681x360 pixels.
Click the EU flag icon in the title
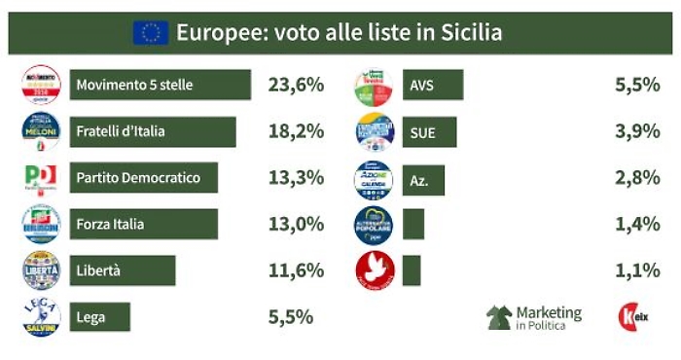point(151,33)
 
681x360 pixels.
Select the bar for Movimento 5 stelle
point(161,85)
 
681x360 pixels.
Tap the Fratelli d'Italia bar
point(153,131)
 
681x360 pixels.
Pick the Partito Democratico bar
point(144,177)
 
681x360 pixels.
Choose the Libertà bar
point(123,270)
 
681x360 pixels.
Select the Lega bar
point(99,316)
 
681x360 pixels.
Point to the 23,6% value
point(295,85)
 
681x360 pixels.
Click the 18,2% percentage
point(295,131)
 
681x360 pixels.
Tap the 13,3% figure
point(295,177)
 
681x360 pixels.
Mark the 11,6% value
point(295,270)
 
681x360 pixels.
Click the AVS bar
point(433,85)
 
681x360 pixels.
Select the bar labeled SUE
point(429,131)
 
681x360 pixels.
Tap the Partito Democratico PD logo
point(41,178)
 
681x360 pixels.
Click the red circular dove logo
point(374,270)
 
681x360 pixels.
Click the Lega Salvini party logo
point(41,317)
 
